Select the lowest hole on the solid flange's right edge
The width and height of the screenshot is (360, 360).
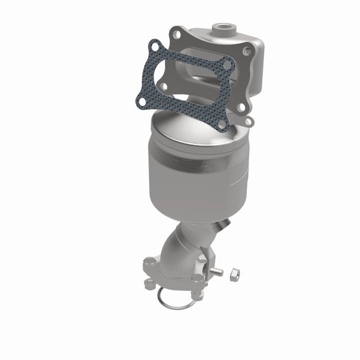[248, 121]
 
